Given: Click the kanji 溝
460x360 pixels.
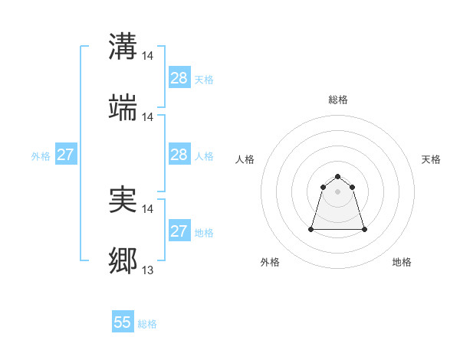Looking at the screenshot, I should point(123,46).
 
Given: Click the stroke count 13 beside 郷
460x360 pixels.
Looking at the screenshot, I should point(147,270).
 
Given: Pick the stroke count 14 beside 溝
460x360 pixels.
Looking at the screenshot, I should point(148,55).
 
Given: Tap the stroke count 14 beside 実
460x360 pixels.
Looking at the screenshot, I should point(148,208).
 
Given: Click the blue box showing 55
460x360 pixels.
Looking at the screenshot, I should point(123,322).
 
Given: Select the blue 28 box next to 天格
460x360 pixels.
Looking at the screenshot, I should point(179,78).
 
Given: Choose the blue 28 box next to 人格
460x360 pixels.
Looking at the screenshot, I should point(179,155).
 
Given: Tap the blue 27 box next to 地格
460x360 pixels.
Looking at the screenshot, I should point(179,231).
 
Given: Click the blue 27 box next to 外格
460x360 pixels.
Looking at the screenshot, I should point(65,155).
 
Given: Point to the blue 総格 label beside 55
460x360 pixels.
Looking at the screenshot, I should point(147,324).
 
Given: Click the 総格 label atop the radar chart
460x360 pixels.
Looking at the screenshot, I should point(338,100).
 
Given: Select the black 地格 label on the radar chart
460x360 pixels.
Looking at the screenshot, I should point(402,262).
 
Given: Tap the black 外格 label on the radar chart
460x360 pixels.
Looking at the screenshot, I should point(270,262).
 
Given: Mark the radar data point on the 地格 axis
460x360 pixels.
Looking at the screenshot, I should point(363,229).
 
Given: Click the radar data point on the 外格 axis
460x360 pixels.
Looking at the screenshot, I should point(312,229).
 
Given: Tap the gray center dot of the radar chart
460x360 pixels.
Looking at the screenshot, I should point(338,191).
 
